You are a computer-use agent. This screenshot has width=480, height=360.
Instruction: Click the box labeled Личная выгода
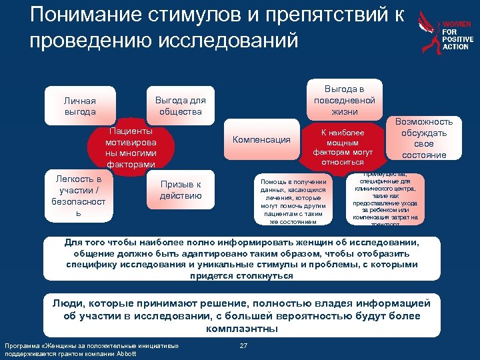(79, 106)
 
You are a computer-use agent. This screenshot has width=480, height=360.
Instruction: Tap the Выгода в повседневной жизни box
(345, 100)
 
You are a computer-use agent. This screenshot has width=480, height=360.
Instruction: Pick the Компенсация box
(261, 140)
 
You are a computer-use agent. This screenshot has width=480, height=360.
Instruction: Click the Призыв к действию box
(180, 190)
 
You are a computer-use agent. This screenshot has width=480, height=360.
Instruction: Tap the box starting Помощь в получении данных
(293, 201)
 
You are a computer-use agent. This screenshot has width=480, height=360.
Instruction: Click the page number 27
(243, 345)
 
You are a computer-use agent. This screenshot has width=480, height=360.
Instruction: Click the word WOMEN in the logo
(457, 24)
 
